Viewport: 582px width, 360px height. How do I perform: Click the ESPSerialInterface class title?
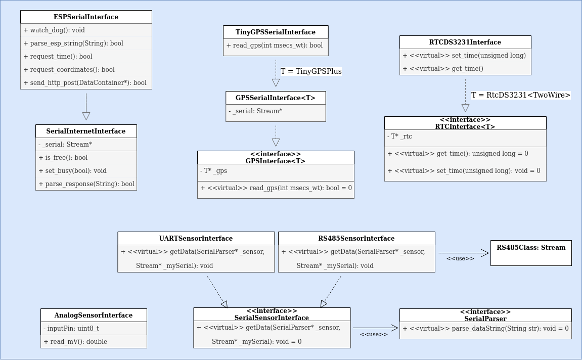[x=86, y=17]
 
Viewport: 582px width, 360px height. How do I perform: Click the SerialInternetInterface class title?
[x=86, y=131]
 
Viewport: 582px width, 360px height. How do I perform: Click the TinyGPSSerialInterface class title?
[x=276, y=32]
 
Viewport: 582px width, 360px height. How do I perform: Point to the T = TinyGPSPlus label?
[x=311, y=71]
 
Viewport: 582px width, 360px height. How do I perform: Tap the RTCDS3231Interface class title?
[x=465, y=42]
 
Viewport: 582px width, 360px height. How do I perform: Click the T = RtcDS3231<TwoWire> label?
[x=521, y=95]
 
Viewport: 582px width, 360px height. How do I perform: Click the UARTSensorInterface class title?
[x=196, y=239]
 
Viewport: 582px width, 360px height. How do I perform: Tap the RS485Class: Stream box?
[x=531, y=253]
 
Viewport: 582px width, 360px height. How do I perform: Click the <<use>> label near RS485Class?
[x=460, y=259]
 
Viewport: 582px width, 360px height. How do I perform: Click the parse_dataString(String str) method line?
[x=485, y=329]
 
